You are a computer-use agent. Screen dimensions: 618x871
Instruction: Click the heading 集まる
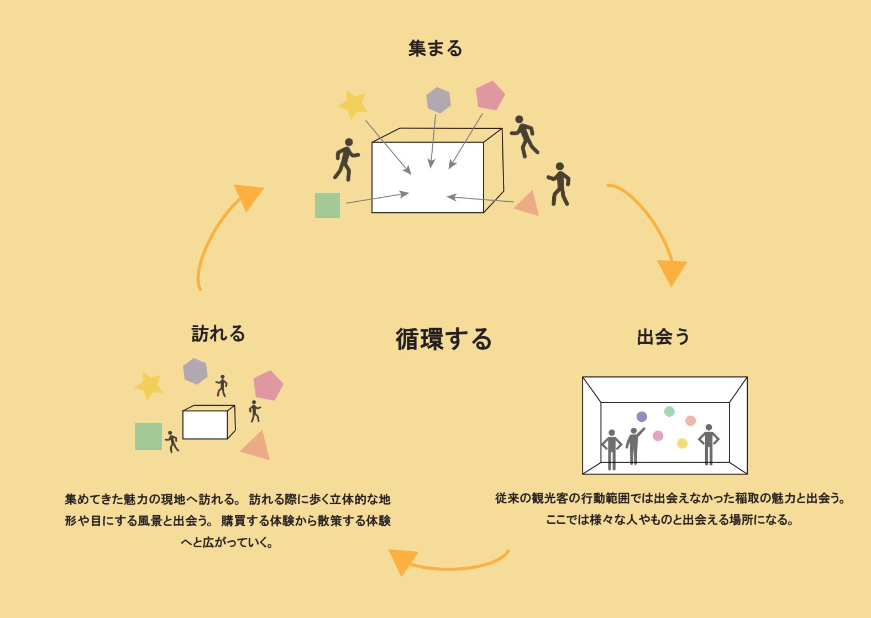pyautogui.click(x=435, y=49)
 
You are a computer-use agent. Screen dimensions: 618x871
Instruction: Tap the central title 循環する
pyautogui.click(x=443, y=339)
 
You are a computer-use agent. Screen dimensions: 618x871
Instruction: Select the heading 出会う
pyautogui.click(x=663, y=337)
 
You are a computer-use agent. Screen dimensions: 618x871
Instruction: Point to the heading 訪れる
pyautogui.click(x=218, y=334)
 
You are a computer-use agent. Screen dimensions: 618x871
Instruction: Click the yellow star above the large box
pyautogui.click(x=353, y=104)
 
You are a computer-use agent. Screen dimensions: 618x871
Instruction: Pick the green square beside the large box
pyautogui.click(x=327, y=205)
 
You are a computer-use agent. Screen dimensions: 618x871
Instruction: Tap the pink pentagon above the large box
pyautogui.click(x=490, y=96)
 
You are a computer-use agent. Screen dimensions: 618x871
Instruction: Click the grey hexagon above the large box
pyautogui.click(x=438, y=100)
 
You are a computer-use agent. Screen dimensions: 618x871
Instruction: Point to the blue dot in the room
pyautogui.click(x=642, y=417)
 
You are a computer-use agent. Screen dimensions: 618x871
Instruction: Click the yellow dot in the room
pyautogui.click(x=682, y=443)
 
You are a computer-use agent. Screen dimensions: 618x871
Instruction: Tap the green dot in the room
pyautogui.click(x=669, y=411)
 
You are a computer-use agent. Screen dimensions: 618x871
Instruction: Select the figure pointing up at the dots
pyautogui.click(x=634, y=444)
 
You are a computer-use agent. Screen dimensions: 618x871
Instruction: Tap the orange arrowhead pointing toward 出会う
pyautogui.click(x=672, y=271)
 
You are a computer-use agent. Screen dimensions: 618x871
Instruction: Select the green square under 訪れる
pyautogui.click(x=148, y=436)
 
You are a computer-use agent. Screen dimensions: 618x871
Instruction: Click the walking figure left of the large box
pyautogui.click(x=345, y=160)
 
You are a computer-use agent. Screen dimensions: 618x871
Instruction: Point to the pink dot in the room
pyautogui.click(x=658, y=436)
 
